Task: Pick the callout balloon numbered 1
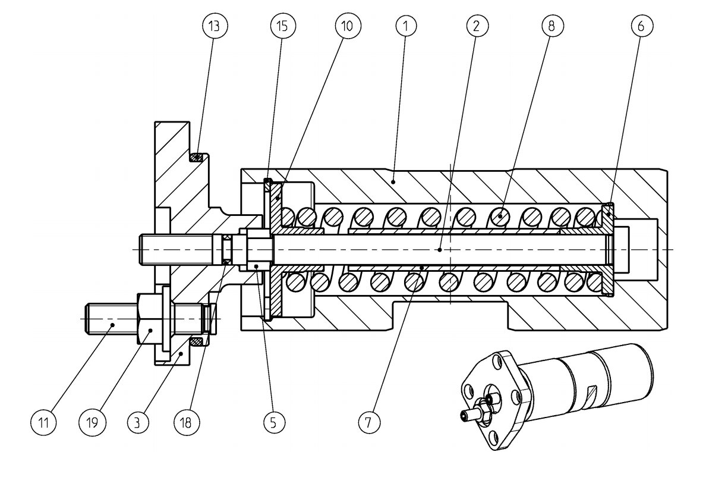(406, 26)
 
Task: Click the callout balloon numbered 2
(477, 26)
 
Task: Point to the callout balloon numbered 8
(552, 26)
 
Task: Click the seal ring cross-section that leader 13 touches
(198, 158)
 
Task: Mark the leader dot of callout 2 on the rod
(439, 249)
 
